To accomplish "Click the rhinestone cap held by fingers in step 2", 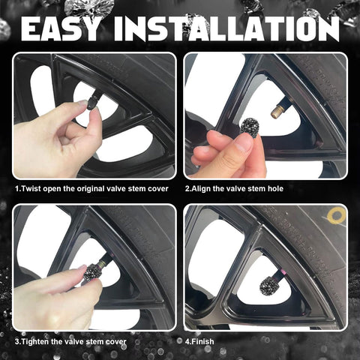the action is [250, 127].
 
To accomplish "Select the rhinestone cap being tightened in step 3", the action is [92, 273].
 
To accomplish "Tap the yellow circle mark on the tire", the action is [337, 216].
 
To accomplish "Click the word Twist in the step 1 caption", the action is [31, 188].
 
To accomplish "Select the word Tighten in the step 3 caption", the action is [34, 341].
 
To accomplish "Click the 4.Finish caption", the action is [199, 341].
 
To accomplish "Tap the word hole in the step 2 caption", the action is [275, 188].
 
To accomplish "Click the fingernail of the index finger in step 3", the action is [82, 268].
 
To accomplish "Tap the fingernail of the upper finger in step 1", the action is [82, 103].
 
